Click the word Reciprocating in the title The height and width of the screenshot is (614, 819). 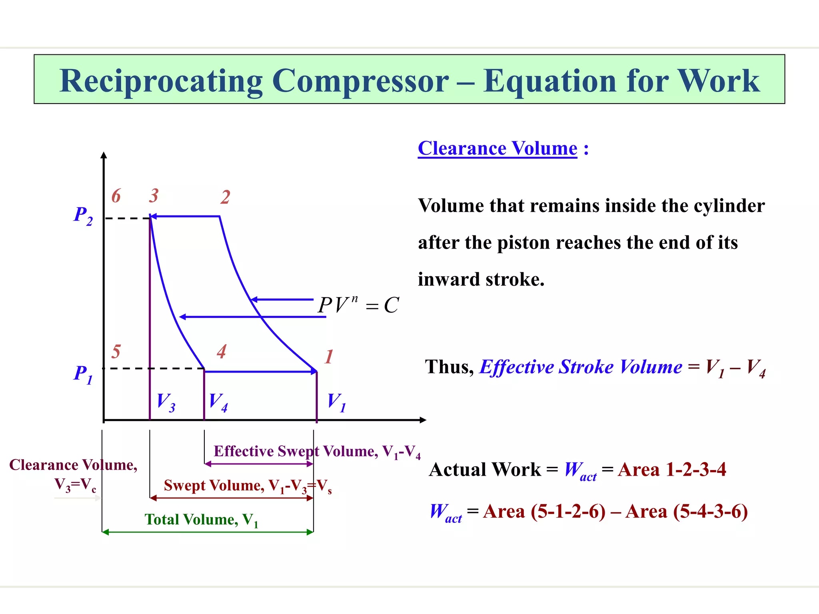point(161,81)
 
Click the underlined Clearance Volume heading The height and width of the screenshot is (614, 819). point(497,149)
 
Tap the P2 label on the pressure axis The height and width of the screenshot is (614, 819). point(83,216)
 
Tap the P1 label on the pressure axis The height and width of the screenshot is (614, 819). point(83,374)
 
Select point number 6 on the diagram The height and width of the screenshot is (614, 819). point(116,196)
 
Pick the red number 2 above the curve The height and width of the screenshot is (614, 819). point(225,197)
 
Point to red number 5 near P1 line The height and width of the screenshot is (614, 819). point(116,352)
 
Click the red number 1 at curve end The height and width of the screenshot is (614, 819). point(329,357)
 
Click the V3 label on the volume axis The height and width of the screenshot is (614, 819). point(166,402)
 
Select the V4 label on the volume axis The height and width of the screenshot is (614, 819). point(218,402)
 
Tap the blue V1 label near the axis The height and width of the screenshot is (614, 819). point(336,402)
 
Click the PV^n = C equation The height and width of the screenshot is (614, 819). point(358,305)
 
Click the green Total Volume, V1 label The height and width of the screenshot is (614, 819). point(201,520)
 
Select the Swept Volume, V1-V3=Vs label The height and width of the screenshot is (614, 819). point(247,486)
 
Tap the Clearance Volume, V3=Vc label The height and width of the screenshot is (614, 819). point(74,474)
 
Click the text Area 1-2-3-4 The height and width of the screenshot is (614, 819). point(671,470)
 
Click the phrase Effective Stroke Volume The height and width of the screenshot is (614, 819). point(580,367)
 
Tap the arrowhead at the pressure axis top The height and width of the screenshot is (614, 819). point(104,155)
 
